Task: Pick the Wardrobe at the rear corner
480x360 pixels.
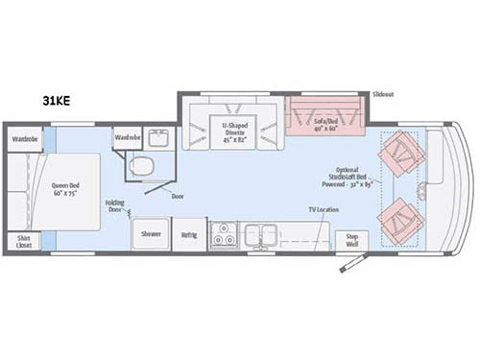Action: pyautogui.click(x=25, y=137)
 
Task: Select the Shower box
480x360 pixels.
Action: pyautogui.click(x=152, y=234)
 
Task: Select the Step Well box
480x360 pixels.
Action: pyautogui.click(x=351, y=239)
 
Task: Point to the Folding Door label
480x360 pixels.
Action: pyautogui.click(x=115, y=205)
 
